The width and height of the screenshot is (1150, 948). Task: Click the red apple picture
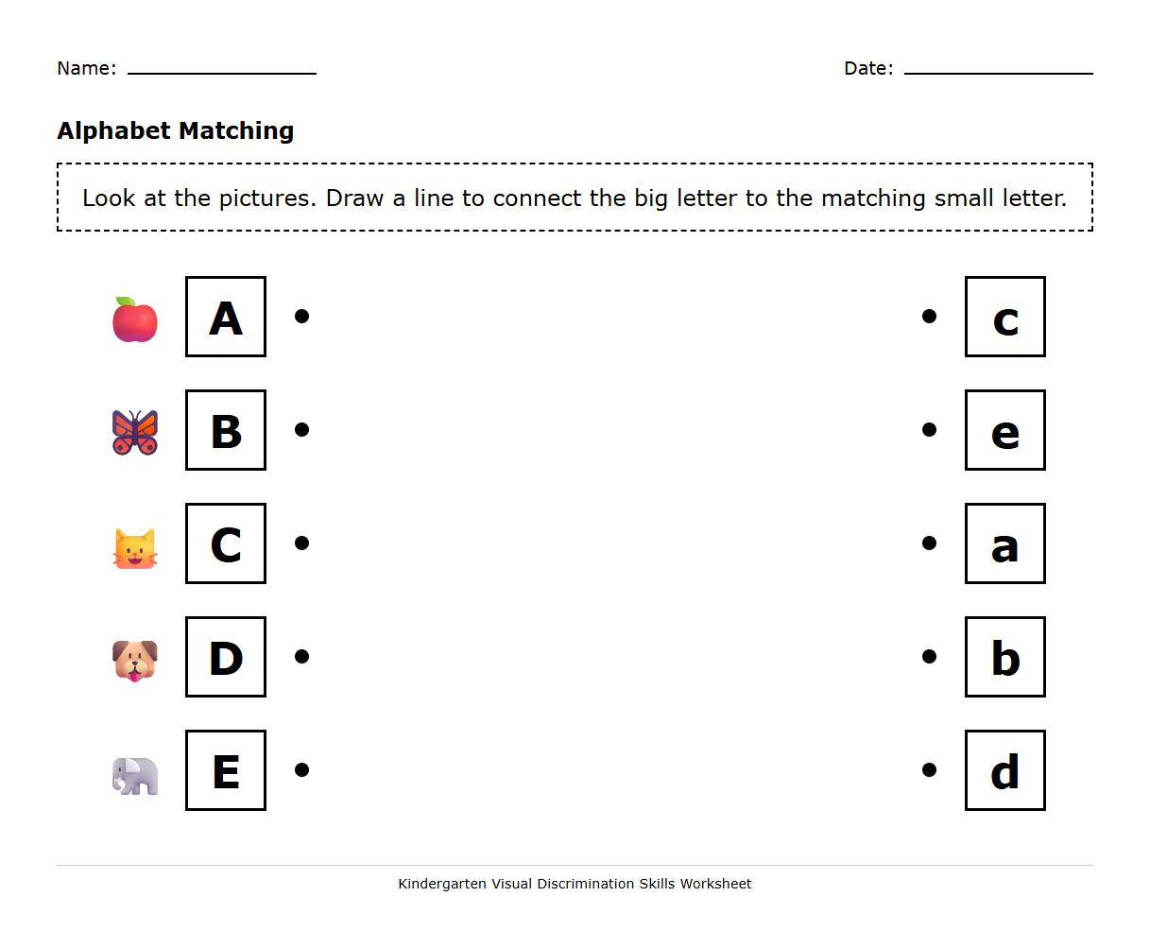tap(135, 319)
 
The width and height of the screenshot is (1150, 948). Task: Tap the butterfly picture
tap(135, 432)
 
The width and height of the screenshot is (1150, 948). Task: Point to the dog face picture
tap(135, 660)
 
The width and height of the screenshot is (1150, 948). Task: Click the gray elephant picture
tap(135, 776)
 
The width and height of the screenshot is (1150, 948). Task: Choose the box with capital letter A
tap(226, 317)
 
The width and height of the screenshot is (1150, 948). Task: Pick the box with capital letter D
tap(226, 657)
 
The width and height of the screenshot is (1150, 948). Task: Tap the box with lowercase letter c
tap(1004, 317)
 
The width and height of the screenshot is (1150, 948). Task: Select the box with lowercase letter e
tap(1004, 430)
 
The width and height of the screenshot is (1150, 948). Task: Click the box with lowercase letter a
tap(1004, 543)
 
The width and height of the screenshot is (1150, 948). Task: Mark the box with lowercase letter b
tap(1004, 657)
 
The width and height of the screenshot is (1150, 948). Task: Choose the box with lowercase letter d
tap(1004, 770)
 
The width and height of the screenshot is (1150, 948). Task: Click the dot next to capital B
tap(302, 430)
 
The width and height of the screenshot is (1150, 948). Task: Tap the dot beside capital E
tap(302, 770)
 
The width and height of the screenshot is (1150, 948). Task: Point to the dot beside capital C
tap(302, 543)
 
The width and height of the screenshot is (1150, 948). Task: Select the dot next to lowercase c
tap(929, 317)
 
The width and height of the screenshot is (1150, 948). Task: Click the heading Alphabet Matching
tap(176, 130)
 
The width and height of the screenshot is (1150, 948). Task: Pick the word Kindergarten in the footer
tap(441, 884)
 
